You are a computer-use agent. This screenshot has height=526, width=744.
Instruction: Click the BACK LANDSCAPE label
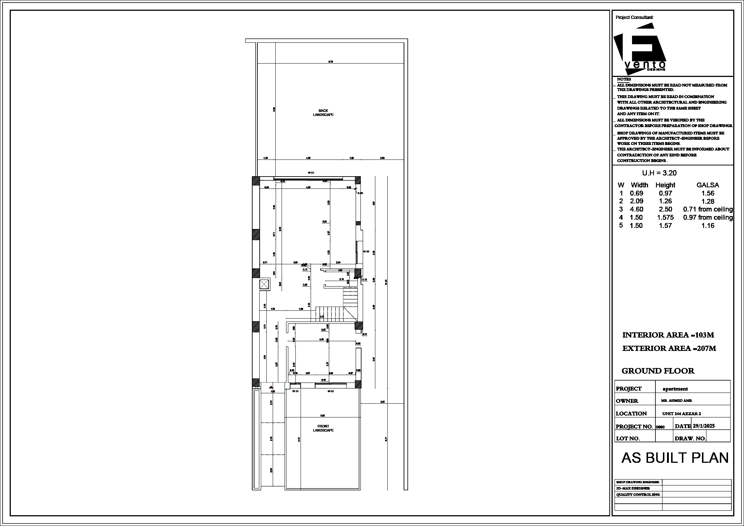click(323, 113)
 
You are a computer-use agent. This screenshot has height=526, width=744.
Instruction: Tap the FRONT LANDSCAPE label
click(323, 428)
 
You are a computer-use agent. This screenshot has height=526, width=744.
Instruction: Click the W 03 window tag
click(311, 173)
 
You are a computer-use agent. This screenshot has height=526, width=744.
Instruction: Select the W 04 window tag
click(366, 252)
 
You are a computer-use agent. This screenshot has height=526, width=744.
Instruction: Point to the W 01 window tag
click(295, 391)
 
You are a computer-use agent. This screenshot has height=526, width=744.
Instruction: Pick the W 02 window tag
click(330, 391)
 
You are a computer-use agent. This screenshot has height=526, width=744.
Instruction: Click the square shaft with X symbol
click(264, 285)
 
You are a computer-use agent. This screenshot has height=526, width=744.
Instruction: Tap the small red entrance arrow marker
click(271, 387)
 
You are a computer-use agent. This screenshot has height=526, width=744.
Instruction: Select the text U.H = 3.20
click(659, 173)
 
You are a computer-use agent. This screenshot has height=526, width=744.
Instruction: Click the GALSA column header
click(708, 185)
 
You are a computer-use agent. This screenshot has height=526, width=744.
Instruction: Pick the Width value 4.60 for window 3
click(636, 209)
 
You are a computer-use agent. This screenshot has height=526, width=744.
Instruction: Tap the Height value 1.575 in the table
click(665, 217)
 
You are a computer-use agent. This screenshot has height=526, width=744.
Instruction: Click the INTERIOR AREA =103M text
click(668, 335)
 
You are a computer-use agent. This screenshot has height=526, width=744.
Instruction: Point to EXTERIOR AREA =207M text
click(669, 348)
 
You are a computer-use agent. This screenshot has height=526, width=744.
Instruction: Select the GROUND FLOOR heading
click(658, 371)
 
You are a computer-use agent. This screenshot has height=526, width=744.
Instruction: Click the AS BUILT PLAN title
click(675, 458)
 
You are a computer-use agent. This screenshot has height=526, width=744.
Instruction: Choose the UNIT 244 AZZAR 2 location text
click(682, 414)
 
